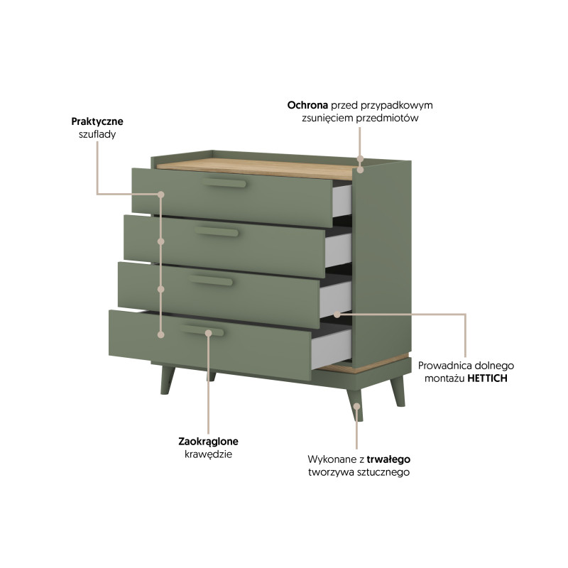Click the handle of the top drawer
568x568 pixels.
pyautogui.click(x=224, y=182)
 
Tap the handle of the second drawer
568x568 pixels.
pyautogui.click(x=217, y=231)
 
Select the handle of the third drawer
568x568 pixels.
pyautogui.click(x=211, y=280)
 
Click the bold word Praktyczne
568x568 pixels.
pyautogui.click(x=97, y=121)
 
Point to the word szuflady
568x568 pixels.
pyautogui.click(x=97, y=134)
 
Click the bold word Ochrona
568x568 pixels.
pyautogui.click(x=307, y=105)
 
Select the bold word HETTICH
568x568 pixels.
pyautogui.click(x=487, y=378)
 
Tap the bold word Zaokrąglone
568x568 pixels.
pyautogui.click(x=208, y=442)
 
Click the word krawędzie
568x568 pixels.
pyautogui.click(x=208, y=454)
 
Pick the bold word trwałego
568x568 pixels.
pyautogui.click(x=388, y=459)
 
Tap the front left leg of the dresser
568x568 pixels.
pyautogui.click(x=167, y=380)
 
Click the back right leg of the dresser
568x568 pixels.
pyautogui.click(x=398, y=391)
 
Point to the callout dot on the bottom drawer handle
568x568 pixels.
pyautogui.click(x=208, y=333)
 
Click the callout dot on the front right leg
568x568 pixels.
pyautogui.click(x=357, y=406)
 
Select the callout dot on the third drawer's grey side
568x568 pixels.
pyautogui.click(x=337, y=315)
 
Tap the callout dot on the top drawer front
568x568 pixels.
pyautogui.click(x=161, y=195)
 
